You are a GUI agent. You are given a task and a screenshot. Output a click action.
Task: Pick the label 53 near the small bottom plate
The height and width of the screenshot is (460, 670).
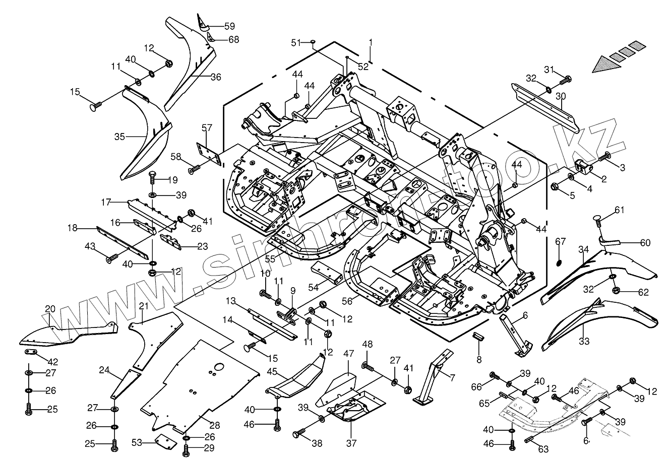136,443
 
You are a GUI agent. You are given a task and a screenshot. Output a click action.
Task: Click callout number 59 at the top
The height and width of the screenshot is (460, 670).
229,26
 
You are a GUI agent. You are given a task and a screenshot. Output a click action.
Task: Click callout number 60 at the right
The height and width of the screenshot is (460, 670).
646,243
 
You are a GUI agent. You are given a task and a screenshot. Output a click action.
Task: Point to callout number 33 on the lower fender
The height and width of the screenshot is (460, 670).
584,341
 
